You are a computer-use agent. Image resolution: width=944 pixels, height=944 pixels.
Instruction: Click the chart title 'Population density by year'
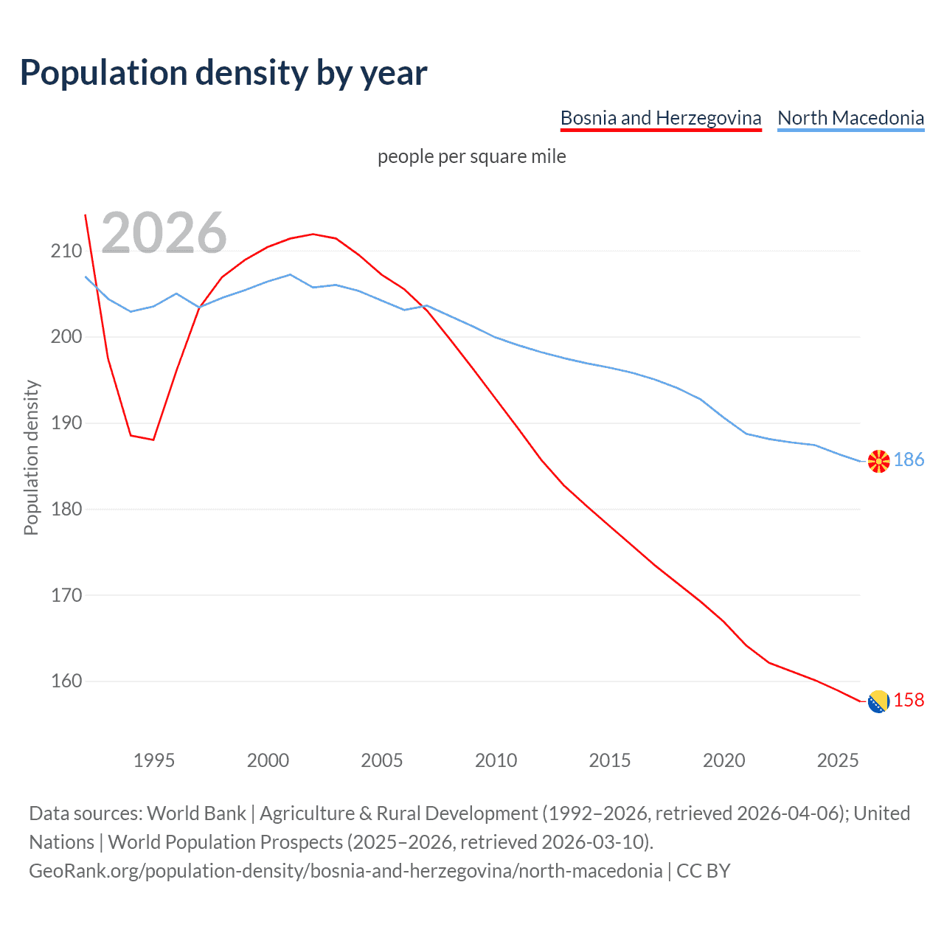[x=223, y=73]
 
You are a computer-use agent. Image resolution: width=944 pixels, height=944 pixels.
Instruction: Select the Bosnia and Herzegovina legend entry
[x=660, y=118]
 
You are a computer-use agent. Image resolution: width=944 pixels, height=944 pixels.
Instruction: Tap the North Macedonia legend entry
[x=850, y=118]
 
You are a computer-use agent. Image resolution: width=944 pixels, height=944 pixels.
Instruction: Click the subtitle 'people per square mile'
[x=471, y=157]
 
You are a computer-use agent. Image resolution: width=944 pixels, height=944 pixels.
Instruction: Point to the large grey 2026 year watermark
[x=164, y=233]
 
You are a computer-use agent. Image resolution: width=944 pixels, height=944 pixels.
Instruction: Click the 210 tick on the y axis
[x=66, y=251]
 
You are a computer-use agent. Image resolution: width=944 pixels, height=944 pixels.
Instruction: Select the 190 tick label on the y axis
[x=66, y=423]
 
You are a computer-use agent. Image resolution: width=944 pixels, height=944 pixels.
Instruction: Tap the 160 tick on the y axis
[x=66, y=681]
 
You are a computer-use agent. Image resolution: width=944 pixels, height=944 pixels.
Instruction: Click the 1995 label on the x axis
[x=154, y=760]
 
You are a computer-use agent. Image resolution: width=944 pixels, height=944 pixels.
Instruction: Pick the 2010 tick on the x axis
[x=496, y=760]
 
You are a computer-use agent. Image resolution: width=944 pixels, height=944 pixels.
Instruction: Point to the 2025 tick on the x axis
[x=838, y=760]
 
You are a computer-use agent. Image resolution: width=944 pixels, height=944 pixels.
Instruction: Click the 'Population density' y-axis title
[x=31, y=457]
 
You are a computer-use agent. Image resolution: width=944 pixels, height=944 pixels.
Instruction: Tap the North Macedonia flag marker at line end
[x=878, y=461]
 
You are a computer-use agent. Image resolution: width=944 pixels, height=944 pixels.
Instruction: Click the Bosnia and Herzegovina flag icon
[x=878, y=701]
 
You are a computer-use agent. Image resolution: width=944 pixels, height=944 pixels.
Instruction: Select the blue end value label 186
[x=909, y=460]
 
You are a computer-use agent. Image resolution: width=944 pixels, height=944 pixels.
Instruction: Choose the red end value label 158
[x=909, y=701]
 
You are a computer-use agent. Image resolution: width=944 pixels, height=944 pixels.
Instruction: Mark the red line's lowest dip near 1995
[x=153, y=440]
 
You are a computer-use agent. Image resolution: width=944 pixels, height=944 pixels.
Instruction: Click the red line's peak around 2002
[x=313, y=234]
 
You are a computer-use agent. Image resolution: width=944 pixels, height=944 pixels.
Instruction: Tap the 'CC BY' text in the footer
[x=703, y=871]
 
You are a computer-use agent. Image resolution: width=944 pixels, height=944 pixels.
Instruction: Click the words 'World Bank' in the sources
[x=196, y=813]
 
